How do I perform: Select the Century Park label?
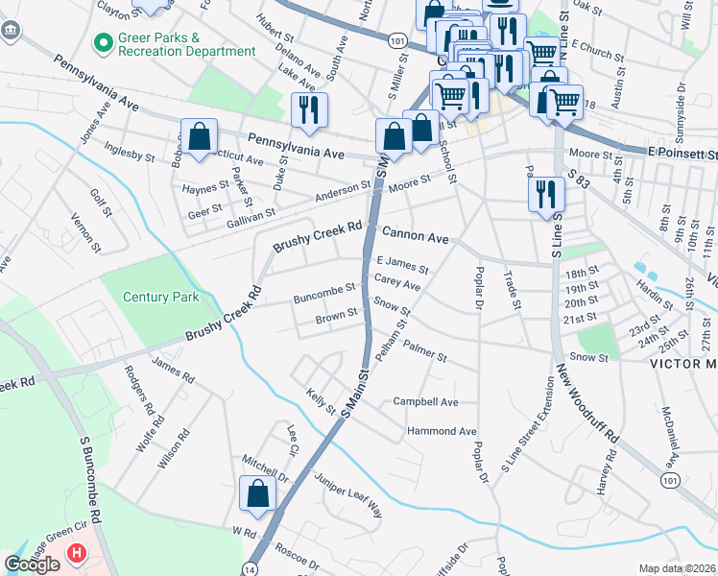[161, 297]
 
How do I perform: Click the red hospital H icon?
[75, 554]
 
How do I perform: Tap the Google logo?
[33, 564]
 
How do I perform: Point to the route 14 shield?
[249, 568]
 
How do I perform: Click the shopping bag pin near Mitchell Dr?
[258, 494]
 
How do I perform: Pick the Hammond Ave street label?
[443, 431]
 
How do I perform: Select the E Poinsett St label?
[682, 154]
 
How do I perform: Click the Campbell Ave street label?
[425, 401]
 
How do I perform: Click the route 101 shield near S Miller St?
[397, 41]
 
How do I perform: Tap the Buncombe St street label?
[324, 287]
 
